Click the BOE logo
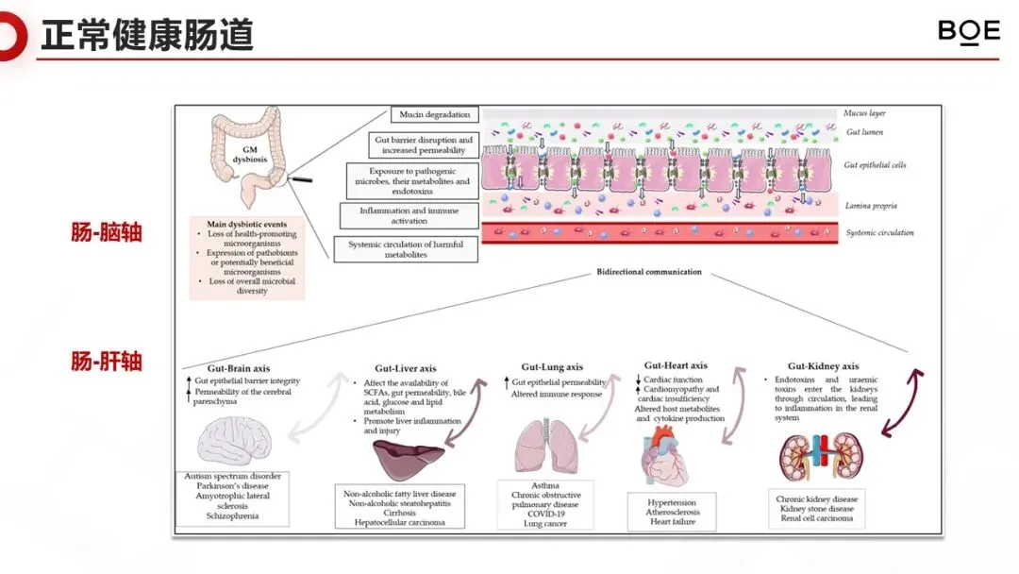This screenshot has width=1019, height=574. (968, 32)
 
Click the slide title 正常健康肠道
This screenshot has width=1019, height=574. (147, 36)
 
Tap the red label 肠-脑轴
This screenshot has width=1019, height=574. (107, 231)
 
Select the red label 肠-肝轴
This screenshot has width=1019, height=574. (107, 361)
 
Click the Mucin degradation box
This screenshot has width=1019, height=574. (434, 115)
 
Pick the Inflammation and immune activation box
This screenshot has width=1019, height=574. (408, 215)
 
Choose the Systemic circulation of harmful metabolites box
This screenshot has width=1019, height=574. (406, 249)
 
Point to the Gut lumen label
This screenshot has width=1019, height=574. (864, 132)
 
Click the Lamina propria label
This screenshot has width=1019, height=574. (871, 205)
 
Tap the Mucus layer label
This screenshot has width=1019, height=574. (865, 113)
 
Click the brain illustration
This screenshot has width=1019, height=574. (235, 441)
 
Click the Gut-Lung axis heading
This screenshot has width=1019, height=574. (552, 367)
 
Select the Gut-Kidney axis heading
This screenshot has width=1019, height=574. (823, 366)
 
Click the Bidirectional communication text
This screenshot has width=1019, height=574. (649, 272)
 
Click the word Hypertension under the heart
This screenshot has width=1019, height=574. (671, 502)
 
